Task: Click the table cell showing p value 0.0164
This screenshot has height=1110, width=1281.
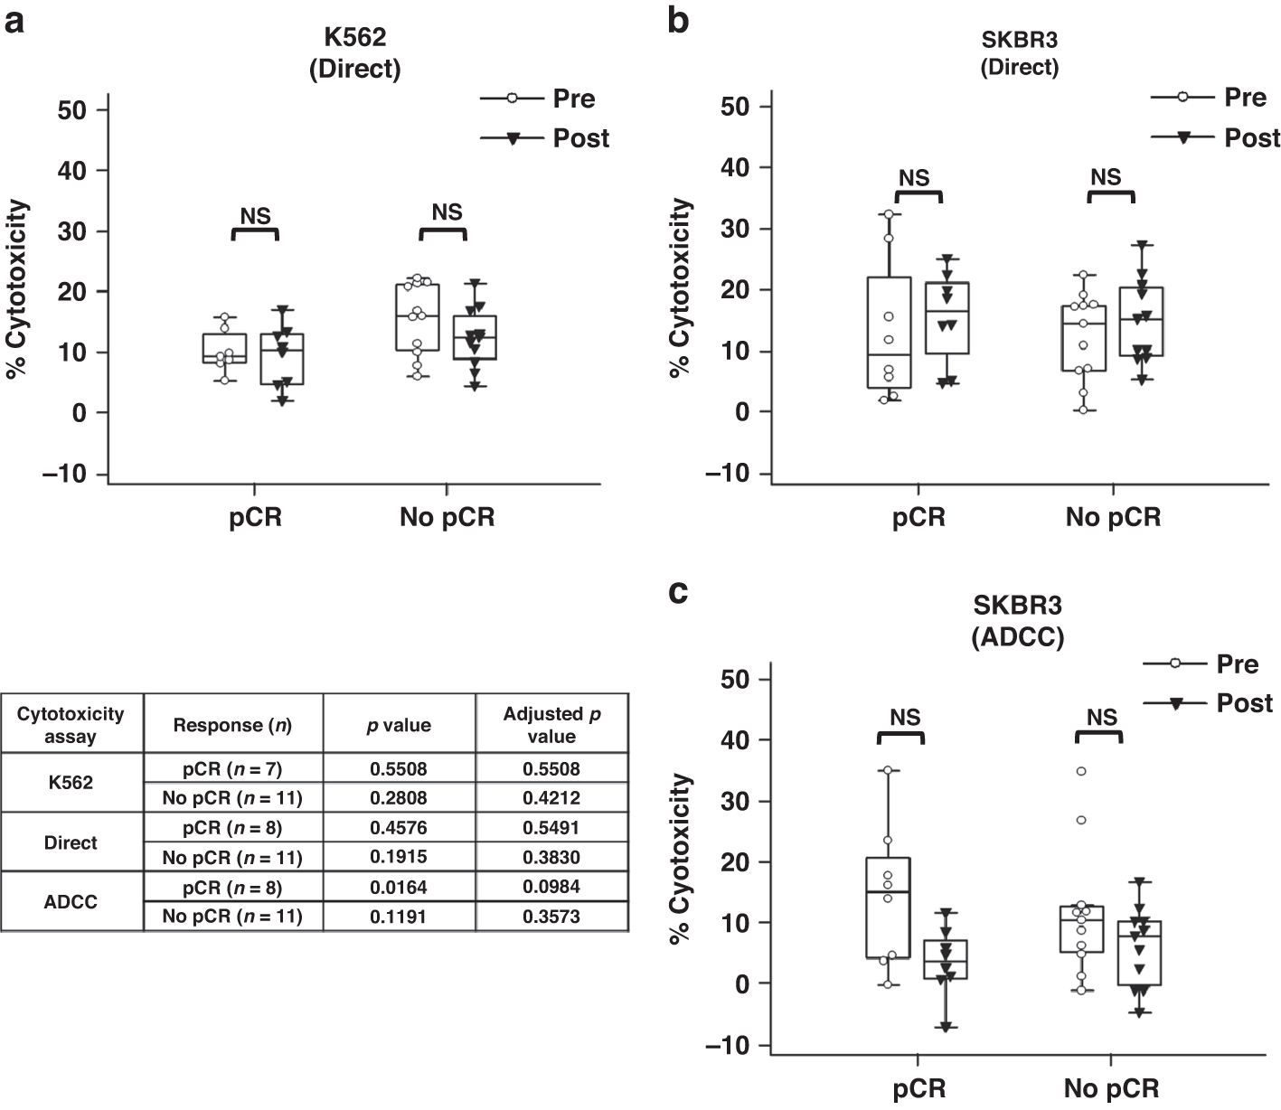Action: [399, 887]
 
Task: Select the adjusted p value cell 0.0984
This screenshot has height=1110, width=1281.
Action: [551, 887]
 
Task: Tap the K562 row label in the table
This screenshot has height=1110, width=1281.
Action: [71, 783]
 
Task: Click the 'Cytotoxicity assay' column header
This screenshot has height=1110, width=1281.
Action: [71, 724]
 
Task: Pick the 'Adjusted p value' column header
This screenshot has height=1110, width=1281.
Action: [551, 724]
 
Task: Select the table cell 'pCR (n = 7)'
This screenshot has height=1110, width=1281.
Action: [232, 768]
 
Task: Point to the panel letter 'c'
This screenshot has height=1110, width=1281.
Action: [678, 593]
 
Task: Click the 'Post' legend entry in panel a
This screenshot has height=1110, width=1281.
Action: [580, 138]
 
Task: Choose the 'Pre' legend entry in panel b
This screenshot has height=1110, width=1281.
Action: [1245, 98]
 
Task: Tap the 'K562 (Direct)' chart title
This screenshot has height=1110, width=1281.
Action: [354, 54]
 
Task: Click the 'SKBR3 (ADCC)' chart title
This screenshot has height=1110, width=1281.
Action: [1017, 622]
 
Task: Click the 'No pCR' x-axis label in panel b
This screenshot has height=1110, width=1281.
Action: [1112, 517]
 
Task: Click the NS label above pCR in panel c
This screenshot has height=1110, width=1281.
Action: [905, 717]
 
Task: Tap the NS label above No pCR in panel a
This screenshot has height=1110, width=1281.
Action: [447, 212]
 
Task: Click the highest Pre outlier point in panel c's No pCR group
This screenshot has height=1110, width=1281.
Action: [1080, 771]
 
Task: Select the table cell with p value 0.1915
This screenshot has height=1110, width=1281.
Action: [399, 857]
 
